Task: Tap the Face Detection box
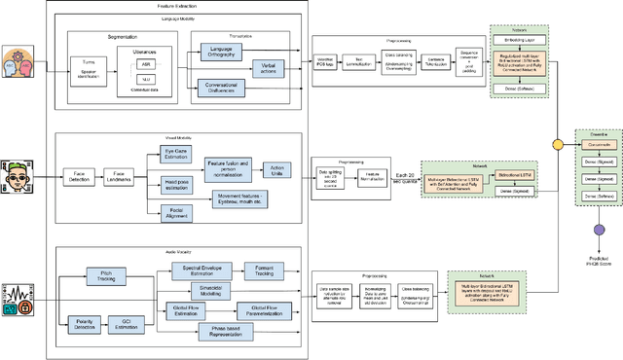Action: click(x=79, y=178)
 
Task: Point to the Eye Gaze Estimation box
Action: click(x=179, y=152)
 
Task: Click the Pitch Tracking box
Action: click(x=108, y=249)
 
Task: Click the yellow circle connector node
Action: click(x=558, y=144)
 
